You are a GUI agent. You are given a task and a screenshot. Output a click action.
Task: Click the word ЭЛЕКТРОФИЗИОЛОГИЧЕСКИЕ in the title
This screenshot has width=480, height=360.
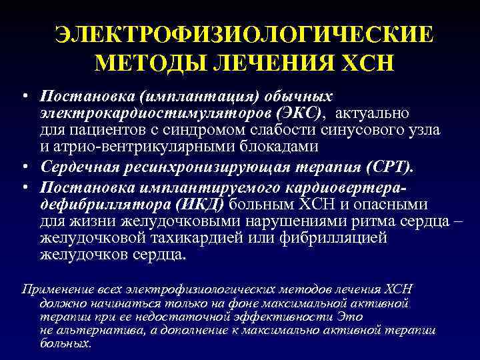coord(243,35)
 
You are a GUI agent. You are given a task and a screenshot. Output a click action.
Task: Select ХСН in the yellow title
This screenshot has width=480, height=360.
coord(366,63)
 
